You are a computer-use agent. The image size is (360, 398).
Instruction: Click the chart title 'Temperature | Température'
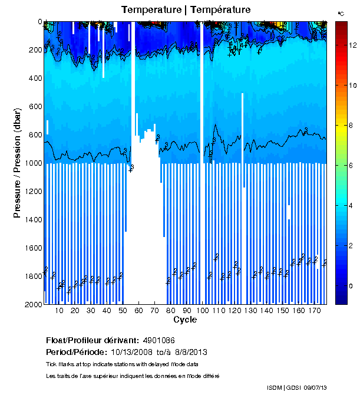186,10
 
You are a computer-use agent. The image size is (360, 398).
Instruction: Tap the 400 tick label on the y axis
35,78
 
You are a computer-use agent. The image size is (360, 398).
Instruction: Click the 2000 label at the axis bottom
32,304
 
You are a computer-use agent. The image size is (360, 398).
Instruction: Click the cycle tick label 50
123,310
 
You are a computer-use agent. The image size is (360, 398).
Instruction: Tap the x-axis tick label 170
314,310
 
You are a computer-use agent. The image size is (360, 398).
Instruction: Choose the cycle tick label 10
59,310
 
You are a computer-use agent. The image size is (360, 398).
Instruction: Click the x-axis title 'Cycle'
185,320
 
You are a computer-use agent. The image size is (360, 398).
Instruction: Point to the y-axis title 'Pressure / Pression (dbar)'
17,163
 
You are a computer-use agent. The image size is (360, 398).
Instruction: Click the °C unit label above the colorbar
341,12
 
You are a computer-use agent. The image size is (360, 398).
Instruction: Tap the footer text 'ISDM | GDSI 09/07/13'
296,387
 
